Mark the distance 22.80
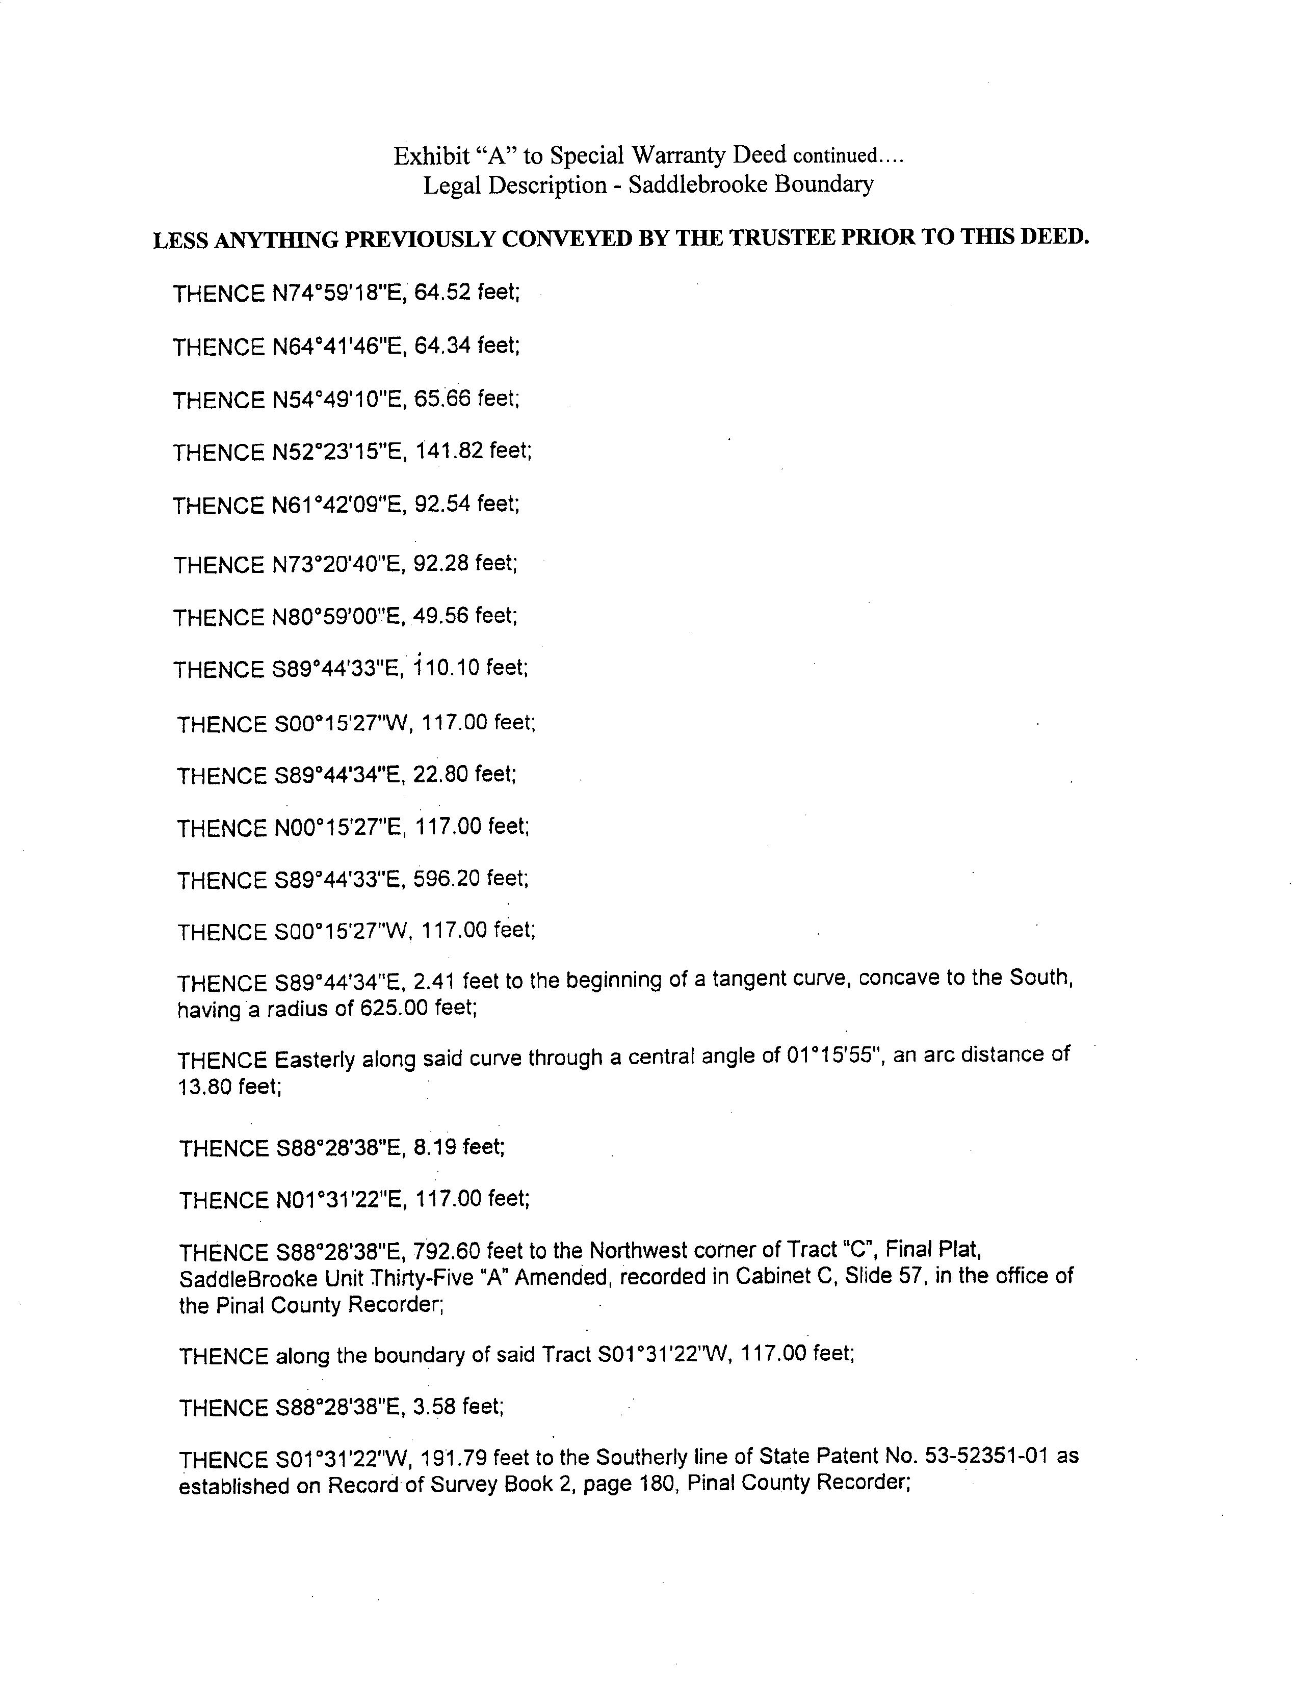(x=440, y=775)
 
